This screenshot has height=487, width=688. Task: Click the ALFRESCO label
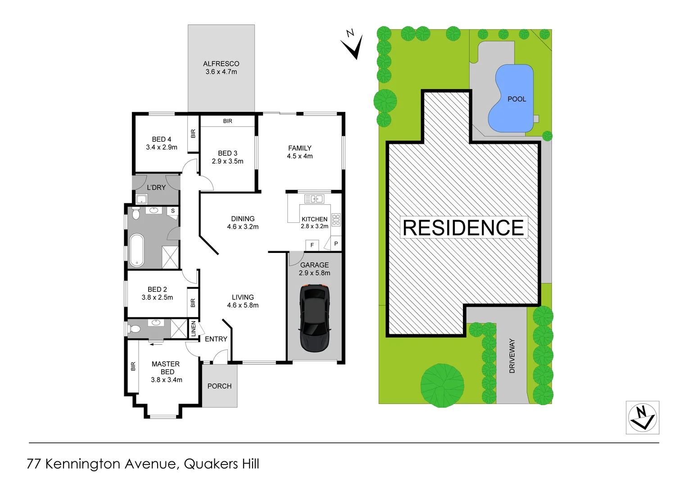(221, 64)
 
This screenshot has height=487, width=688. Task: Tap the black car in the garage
(315, 318)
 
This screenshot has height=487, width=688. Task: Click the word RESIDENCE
(463, 228)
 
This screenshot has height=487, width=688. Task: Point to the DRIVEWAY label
(512, 356)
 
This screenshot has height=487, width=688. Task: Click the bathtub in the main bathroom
(136, 250)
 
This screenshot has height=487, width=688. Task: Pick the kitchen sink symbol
(314, 199)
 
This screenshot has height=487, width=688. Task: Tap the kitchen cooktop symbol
(336, 220)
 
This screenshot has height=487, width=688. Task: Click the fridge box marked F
(312, 245)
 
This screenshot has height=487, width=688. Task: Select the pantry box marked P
(336, 243)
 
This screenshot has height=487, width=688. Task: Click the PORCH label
(219, 386)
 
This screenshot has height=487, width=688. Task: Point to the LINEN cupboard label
(194, 328)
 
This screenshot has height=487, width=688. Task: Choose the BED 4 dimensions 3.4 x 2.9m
(162, 147)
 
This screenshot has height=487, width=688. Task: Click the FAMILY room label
(300, 148)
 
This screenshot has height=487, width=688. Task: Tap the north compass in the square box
(643, 418)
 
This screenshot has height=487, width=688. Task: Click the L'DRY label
(156, 188)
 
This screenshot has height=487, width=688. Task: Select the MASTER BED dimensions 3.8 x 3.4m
(167, 380)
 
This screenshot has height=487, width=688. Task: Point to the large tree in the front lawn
(442, 386)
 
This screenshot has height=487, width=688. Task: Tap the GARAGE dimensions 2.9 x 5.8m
(315, 273)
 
